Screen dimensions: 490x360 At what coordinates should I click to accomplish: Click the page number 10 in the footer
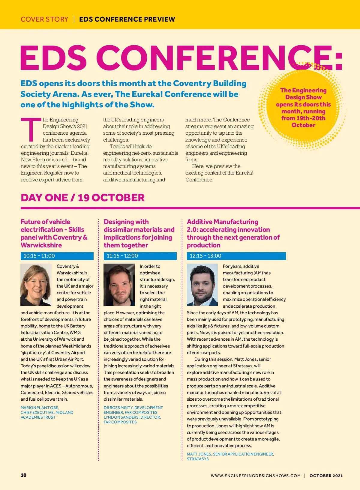[x=23, y=475]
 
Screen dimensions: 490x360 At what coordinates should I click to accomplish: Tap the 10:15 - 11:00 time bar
[x=57, y=256]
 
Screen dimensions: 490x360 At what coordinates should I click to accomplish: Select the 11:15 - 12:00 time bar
[x=140, y=256]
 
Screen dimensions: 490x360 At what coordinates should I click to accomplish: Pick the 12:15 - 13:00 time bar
[x=236, y=256]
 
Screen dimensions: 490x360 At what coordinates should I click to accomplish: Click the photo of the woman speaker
[x=36, y=285]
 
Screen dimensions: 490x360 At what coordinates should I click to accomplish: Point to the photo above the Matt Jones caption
[x=202, y=285]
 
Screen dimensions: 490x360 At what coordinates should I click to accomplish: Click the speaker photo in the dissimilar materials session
[x=119, y=285]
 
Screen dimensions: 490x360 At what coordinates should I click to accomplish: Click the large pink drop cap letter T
[x=31, y=130]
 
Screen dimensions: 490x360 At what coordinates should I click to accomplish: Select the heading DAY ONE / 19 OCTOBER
[x=82, y=198]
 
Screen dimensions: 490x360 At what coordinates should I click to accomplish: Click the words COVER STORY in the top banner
[x=44, y=19]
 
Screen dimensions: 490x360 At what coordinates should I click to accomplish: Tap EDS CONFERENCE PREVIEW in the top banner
[x=127, y=19]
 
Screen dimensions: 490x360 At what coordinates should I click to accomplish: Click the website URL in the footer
[x=256, y=476]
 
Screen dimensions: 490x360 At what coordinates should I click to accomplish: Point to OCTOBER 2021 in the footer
[x=326, y=476]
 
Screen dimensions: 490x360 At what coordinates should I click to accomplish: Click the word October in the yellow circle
[x=303, y=125]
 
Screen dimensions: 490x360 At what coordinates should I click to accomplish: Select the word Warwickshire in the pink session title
[x=41, y=245]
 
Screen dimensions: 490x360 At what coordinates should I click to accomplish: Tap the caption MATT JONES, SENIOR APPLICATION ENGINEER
[x=230, y=454]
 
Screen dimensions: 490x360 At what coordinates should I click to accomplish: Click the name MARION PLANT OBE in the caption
[x=40, y=408]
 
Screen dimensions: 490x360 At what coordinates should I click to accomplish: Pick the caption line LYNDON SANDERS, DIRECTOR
[x=132, y=417]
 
